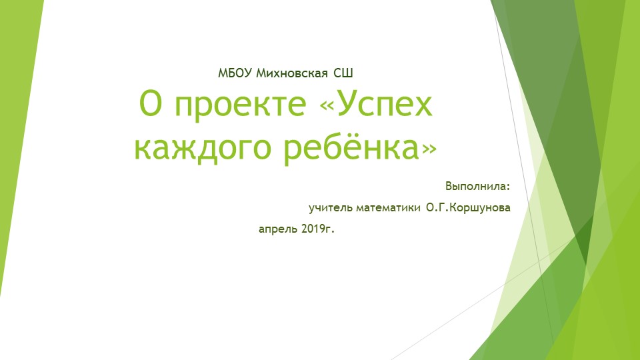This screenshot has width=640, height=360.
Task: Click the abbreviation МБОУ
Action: tap(232, 72)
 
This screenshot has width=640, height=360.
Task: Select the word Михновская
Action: tap(286, 72)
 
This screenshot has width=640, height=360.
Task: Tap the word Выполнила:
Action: tap(477, 185)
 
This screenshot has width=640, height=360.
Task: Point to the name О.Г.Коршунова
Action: tap(468, 208)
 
